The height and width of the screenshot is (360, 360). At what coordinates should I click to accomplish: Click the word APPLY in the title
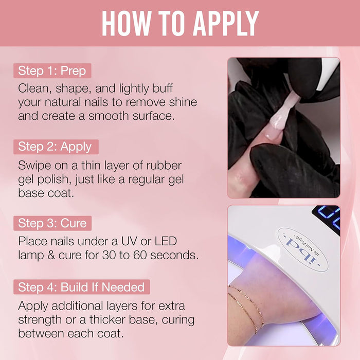click(x=226, y=23)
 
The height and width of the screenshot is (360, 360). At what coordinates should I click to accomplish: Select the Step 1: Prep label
click(x=52, y=71)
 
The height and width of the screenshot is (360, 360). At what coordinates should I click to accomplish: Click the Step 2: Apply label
click(x=56, y=147)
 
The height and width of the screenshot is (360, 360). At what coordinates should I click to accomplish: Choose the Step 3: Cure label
click(x=52, y=223)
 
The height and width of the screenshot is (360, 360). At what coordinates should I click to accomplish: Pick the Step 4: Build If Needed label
click(x=82, y=287)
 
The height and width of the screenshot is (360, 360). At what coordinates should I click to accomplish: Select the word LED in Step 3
click(x=166, y=241)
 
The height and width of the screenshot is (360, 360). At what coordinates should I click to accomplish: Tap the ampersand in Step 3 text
click(x=51, y=255)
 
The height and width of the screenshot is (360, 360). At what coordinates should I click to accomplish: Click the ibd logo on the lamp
click(x=303, y=250)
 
